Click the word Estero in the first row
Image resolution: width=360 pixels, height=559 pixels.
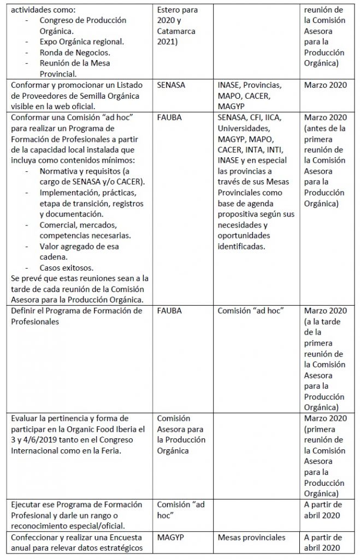[169, 10]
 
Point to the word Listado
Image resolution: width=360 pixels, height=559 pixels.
[127, 86]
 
